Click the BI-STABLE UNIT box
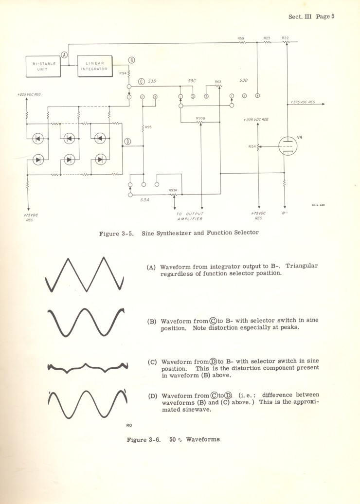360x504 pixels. coord(44,66)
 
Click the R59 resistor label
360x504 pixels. coord(241,38)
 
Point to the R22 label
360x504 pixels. coord(285,38)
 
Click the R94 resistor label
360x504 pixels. coord(123,73)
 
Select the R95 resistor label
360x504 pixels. coord(148,127)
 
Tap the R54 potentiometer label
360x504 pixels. coord(252,146)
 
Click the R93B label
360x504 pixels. coord(200,118)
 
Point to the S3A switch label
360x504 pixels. coord(144,200)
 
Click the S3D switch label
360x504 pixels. coord(244,80)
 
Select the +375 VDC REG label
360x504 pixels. coord(303,102)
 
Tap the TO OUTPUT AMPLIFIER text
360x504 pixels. coord(191,216)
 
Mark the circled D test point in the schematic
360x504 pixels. coord(128,142)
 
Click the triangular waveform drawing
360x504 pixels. coord(86,274)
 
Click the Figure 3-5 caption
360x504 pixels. coord(179,233)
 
